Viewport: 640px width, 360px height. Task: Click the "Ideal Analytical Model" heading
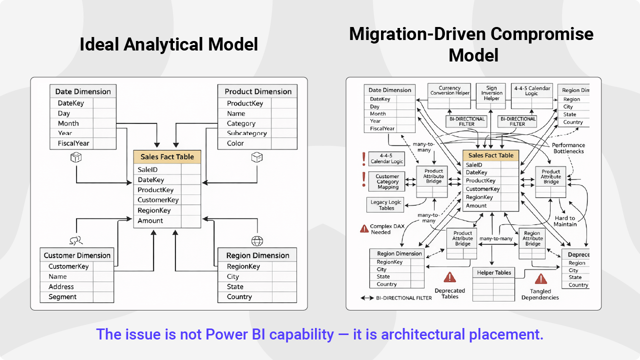pos(168,44)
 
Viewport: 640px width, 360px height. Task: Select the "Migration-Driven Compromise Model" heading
pos(471,44)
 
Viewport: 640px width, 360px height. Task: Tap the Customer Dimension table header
pos(77,255)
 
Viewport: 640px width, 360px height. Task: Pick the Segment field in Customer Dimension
pos(62,297)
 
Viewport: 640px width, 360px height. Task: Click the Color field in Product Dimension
pos(235,143)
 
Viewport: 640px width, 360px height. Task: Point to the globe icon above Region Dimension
pos(257,241)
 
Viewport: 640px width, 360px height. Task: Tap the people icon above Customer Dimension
pos(75,241)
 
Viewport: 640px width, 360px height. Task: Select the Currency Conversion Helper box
pos(450,90)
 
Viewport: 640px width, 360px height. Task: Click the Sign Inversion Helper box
pos(491,92)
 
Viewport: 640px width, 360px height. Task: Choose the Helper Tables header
pos(493,273)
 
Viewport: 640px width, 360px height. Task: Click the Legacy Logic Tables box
pos(386,205)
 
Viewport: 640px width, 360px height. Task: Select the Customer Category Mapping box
pos(387,181)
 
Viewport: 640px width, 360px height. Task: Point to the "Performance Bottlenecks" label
pos(568,148)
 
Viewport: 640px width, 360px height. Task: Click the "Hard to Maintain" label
pos(565,221)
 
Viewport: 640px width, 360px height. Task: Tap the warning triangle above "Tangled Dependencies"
pos(540,279)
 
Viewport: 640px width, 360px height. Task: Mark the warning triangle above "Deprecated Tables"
pos(450,277)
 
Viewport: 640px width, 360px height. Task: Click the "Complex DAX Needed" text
pos(387,229)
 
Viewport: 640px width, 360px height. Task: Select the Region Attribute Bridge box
pos(532,238)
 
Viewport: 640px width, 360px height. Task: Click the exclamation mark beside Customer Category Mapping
pos(363,179)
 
